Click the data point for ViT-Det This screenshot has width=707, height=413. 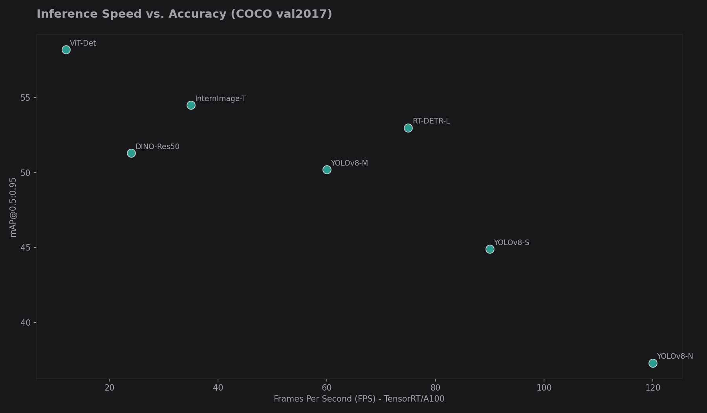point(66,50)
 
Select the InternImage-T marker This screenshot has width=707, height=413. point(191,105)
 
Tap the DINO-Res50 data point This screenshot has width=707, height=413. point(131,153)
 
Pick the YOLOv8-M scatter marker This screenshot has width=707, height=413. point(327,170)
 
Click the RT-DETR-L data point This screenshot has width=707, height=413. point(408,128)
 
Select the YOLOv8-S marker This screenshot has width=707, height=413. point(490,249)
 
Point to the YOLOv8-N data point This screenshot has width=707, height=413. point(653,363)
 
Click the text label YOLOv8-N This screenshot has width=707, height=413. point(675,356)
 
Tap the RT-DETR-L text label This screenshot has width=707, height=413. point(431,121)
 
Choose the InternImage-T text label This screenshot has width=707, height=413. point(220,99)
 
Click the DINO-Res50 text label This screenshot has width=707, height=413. point(157,147)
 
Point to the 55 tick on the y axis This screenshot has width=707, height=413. point(25,98)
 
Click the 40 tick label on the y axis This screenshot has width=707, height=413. point(25,323)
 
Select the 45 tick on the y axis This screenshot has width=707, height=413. point(25,247)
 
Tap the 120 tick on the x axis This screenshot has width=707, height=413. point(653,388)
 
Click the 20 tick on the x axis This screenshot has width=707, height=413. point(110,388)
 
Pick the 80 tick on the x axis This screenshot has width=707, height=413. point(435,388)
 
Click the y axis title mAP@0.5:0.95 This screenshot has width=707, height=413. point(13,207)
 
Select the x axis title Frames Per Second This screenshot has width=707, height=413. point(359,399)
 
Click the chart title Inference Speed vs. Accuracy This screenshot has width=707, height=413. point(184,14)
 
